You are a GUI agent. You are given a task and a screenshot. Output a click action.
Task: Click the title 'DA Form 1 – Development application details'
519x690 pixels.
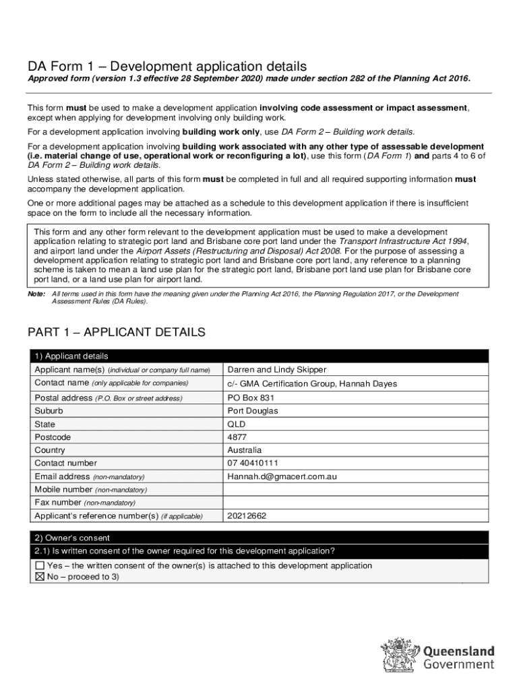(x=167, y=66)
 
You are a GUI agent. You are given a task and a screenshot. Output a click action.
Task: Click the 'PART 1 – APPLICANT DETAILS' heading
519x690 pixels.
(x=116, y=333)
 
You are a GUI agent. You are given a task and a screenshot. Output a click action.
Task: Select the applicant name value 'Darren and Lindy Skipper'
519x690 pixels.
(x=277, y=370)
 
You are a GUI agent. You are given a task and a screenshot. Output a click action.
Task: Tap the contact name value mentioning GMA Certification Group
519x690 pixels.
(x=312, y=383)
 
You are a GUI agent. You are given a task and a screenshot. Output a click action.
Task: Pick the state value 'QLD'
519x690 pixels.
(x=237, y=425)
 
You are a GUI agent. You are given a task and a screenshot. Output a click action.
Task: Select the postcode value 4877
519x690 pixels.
(x=238, y=437)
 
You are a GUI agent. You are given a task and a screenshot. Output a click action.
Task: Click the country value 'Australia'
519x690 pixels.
(x=245, y=450)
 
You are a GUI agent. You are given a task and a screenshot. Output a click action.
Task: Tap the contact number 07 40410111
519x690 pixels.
(x=253, y=463)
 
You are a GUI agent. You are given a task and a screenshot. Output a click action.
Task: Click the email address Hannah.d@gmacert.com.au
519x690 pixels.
(x=282, y=476)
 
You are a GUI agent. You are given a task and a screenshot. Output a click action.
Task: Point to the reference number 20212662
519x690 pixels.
(x=247, y=516)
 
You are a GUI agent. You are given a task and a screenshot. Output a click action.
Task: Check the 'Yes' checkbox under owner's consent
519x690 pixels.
(x=40, y=566)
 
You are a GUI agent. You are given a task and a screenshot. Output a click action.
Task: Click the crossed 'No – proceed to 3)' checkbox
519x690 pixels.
(x=40, y=577)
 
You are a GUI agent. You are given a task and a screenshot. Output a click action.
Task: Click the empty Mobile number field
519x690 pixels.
(x=355, y=490)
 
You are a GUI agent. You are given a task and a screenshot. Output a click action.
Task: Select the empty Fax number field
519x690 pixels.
(x=355, y=503)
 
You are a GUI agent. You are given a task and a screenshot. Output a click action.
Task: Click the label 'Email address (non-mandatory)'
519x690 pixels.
(x=89, y=476)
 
